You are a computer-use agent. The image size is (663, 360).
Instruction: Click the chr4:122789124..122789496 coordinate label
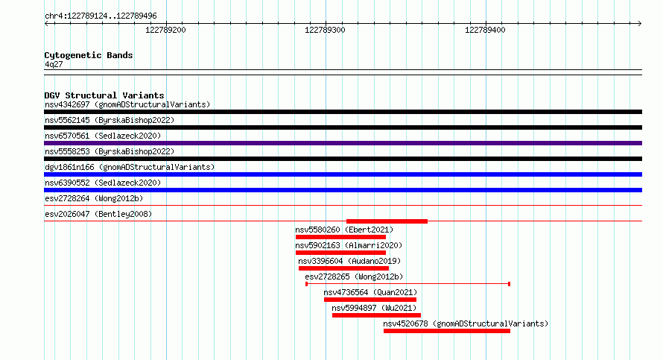pos(101,16)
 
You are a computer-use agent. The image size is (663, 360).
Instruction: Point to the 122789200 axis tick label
pos(165,30)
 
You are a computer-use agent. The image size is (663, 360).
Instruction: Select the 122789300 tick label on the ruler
pos(325,30)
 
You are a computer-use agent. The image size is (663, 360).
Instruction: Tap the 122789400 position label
pos(485,30)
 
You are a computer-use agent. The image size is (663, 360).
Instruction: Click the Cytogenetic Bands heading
pos(89,55)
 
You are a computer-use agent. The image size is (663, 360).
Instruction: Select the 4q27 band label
pos(54,64)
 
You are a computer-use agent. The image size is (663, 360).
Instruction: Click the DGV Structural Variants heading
pos(104,95)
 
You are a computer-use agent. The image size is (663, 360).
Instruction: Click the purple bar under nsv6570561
pos(343,143)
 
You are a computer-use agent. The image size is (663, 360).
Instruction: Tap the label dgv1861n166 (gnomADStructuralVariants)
pos(130,167)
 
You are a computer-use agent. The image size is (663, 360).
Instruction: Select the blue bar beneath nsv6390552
pos(343,190)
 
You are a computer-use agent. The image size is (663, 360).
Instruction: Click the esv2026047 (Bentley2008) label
pos(98,214)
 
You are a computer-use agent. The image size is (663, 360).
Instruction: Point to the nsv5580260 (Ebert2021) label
pos(344,230)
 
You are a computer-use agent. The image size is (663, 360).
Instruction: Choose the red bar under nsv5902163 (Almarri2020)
pos(340,253)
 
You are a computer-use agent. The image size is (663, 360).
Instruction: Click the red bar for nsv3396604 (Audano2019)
pos(343,268)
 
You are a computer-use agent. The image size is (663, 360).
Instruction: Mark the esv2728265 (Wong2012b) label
pos(354,277)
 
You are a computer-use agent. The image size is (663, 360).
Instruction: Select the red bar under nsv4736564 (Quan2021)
pos(370,300)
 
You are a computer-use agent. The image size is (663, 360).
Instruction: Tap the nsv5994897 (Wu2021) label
pos(374,308)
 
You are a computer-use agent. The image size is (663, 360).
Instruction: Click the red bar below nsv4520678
pos(446,331)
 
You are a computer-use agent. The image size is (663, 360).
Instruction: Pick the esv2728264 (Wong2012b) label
pos(94,198)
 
